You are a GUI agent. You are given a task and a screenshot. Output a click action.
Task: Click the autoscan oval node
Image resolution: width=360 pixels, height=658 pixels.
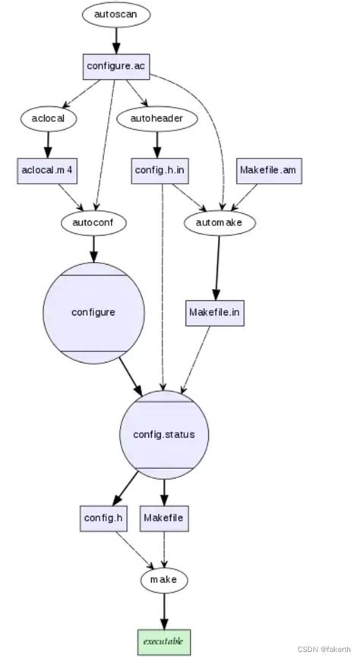pyautogui.click(x=116, y=14)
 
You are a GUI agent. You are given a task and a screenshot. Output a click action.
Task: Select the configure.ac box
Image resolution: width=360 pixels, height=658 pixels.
pyautogui.click(x=116, y=67)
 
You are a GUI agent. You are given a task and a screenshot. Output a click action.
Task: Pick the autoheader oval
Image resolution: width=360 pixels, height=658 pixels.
pyautogui.click(x=158, y=118)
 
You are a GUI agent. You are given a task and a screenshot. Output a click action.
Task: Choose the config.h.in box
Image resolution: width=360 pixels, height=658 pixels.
pyautogui.click(x=159, y=170)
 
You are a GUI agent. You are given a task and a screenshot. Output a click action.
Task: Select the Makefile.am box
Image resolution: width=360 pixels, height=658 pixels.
pyautogui.click(x=270, y=170)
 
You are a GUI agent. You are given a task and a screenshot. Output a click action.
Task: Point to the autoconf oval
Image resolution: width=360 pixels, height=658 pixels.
pyautogui.click(x=93, y=222)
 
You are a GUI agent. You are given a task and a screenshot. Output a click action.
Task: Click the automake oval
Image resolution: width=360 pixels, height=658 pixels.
pyautogui.click(x=220, y=222)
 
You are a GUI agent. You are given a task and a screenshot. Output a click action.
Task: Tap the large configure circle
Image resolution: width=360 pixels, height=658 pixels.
pyautogui.click(x=94, y=312)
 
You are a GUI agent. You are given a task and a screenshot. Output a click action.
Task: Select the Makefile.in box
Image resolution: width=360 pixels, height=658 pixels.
pyautogui.click(x=216, y=312)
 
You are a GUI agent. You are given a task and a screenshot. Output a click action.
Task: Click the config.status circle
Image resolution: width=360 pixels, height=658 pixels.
pyautogui.click(x=164, y=434)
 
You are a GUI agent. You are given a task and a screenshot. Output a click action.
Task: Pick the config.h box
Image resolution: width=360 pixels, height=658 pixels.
pyautogui.click(x=102, y=518)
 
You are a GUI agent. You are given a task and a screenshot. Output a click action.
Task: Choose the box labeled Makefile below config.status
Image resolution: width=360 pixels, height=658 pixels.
pyautogui.click(x=164, y=518)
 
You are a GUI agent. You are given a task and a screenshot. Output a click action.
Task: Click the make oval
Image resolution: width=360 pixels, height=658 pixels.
pyautogui.click(x=163, y=579)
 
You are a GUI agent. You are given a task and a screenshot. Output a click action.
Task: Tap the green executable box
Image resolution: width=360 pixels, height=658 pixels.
pyautogui.click(x=163, y=640)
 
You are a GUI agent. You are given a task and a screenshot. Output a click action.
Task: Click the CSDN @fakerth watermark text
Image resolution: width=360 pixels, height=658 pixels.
pyautogui.click(x=324, y=650)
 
